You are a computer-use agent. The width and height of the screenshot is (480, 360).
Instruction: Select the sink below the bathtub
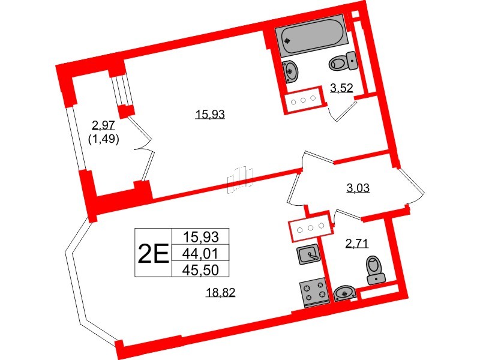pyautogui.click(x=291, y=70)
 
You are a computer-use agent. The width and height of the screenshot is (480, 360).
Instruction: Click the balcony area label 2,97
pyautogui.click(x=104, y=125)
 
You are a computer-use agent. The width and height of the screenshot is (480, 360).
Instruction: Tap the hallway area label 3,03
pyautogui.click(x=358, y=188)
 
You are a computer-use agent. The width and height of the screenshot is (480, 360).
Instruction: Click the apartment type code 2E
pyautogui.click(x=152, y=254)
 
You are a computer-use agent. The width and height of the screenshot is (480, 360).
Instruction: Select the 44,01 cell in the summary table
pyautogui.click(x=202, y=253)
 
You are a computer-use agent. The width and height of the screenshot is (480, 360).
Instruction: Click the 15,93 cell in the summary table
pyautogui.click(x=202, y=236)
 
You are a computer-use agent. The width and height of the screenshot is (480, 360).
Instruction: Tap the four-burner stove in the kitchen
pyautogui.click(x=312, y=292)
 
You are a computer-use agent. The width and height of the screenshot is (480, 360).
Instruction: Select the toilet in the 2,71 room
pyautogui.click(x=375, y=269)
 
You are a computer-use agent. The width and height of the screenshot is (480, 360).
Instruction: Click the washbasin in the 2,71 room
pyautogui.click(x=345, y=293)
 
